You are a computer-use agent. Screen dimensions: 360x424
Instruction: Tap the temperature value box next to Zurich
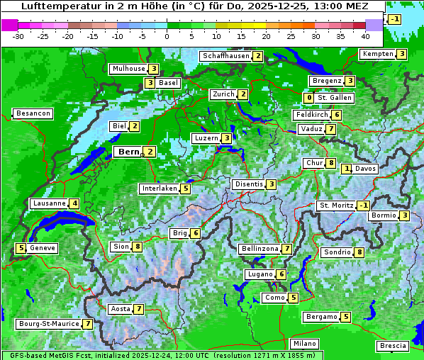coord(243,94)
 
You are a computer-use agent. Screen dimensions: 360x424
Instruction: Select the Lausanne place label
coord(49,203)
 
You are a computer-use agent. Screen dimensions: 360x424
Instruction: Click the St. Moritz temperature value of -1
coord(363,206)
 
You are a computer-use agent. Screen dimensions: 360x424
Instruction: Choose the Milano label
coord(305,344)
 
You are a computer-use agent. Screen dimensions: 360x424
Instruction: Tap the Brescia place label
coord(393,346)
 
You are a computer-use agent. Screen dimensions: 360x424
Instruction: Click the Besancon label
coord(33,113)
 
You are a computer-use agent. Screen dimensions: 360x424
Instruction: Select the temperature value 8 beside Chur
coord(331,163)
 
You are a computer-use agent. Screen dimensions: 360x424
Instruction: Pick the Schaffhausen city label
coord(225,56)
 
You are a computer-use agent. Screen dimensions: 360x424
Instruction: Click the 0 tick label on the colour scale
coord(167,36)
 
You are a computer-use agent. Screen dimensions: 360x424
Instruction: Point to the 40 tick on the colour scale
coord(365,36)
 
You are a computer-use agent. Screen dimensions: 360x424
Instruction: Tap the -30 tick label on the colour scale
coord(18,36)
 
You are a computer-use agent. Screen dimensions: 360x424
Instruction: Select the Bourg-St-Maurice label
coord(48,324)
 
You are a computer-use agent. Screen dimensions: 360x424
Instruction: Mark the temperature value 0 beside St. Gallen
coord(309,98)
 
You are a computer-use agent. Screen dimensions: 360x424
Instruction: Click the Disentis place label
coord(248,184)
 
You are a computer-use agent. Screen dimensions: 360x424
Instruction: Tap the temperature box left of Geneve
coord(21,248)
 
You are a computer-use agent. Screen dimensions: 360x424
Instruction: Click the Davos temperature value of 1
coord(347,169)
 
